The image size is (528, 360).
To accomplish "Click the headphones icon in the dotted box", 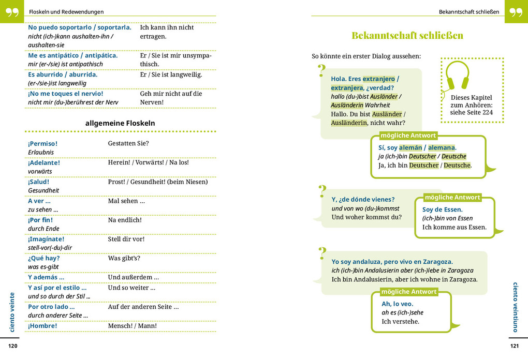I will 458,76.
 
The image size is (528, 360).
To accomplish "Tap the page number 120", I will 13,346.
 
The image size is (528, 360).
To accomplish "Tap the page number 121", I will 514,346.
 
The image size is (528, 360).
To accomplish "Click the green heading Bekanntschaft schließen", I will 407,36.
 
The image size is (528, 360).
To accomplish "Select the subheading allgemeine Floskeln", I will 120,123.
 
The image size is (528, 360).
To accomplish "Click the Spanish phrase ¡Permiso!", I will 43,143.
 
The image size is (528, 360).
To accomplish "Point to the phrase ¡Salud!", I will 39,182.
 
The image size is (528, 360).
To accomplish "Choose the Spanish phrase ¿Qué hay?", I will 44,258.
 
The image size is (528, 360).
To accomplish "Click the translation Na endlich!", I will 125,220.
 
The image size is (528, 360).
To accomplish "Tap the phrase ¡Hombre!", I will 42,326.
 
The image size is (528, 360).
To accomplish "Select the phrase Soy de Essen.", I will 443,209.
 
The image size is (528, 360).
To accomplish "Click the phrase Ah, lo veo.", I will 398,304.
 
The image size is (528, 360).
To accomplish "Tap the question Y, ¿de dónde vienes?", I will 363,199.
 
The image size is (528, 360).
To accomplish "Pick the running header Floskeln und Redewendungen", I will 66,11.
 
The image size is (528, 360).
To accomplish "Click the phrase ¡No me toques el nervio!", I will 65,94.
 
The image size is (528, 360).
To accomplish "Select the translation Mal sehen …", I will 126,201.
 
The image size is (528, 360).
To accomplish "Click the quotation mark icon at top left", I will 12,11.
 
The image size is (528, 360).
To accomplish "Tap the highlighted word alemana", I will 441,147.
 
